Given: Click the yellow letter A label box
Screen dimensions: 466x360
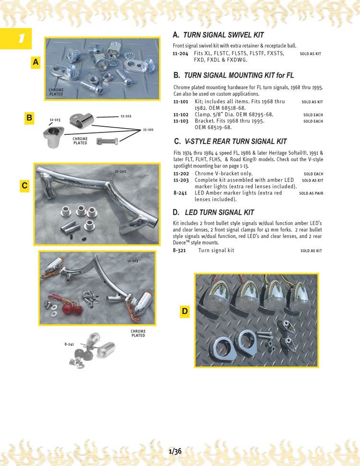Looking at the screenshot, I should pyautogui.click(x=36, y=62).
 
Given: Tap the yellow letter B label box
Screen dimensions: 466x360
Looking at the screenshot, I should pyautogui.click(x=29, y=118).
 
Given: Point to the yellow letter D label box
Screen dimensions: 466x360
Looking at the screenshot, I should pyautogui.click(x=185, y=312).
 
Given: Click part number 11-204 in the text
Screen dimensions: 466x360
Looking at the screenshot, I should pyautogui.click(x=180, y=54).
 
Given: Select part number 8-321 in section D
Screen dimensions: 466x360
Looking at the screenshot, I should pyautogui.click(x=180, y=251).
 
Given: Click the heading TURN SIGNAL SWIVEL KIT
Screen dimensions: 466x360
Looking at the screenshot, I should pyautogui.click(x=224, y=35).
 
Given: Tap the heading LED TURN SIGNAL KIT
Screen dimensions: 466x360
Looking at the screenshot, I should pyautogui.click(x=219, y=213).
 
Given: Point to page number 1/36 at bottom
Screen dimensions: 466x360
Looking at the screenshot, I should pyautogui.click(x=175, y=451).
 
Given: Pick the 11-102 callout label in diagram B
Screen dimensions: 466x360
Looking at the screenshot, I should pyautogui.click(x=125, y=116).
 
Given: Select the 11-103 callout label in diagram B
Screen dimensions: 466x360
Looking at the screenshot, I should pyautogui.click(x=55, y=119).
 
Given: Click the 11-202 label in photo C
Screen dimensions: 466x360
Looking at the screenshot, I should pyautogui.click(x=121, y=171).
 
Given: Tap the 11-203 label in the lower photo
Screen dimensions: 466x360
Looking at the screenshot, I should pyautogui.click(x=133, y=261).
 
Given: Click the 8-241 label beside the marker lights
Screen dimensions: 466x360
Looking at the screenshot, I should pyautogui.click(x=70, y=345).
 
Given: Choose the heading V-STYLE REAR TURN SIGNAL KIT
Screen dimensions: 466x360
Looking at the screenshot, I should pyautogui.click(x=236, y=142).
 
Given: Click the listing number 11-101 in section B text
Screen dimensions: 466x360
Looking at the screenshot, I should pyautogui.click(x=180, y=102).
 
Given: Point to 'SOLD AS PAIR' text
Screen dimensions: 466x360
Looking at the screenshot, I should pyautogui.click(x=311, y=193).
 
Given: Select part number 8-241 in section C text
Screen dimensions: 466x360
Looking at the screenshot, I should pyautogui.click(x=180, y=193).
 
